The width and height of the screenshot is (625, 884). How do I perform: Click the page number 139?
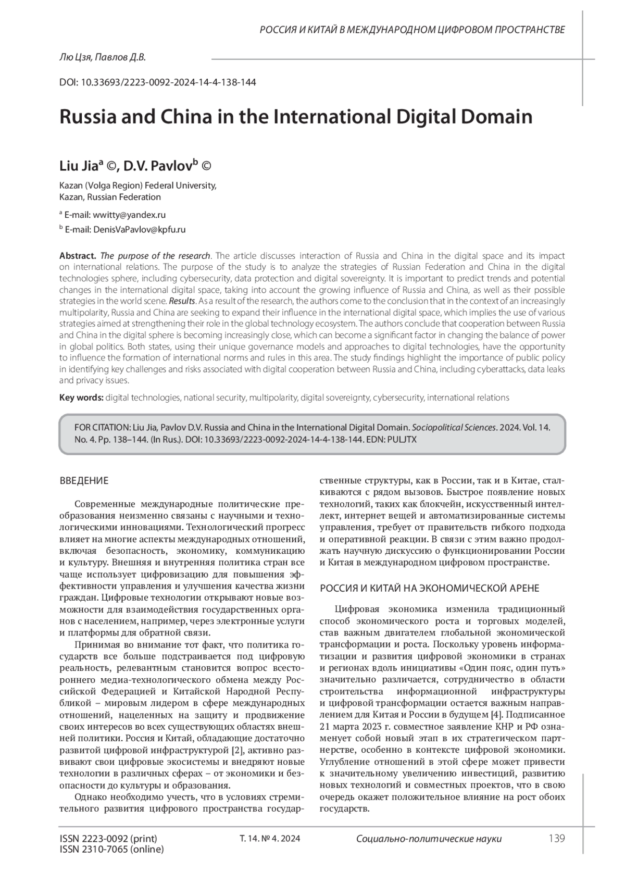point(556,838)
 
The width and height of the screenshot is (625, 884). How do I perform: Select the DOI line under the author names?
point(158,82)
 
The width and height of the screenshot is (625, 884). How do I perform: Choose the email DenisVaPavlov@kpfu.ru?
point(139,229)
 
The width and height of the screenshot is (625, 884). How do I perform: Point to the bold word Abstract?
point(78,256)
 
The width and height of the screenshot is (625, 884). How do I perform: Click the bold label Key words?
point(81,397)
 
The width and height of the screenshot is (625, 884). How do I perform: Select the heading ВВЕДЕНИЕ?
point(84,481)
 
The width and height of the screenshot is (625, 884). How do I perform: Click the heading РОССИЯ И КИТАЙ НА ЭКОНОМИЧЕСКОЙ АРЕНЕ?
point(429,588)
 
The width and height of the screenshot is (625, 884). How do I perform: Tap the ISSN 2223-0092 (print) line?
point(108,839)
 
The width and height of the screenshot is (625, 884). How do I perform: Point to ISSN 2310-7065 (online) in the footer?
point(111,849)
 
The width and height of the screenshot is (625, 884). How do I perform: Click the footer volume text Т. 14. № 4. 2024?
point(269,839)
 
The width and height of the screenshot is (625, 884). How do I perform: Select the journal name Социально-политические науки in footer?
point(429,839)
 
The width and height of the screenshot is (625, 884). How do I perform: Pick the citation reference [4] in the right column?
point(497,714)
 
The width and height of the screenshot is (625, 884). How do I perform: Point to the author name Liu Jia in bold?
point(79,166)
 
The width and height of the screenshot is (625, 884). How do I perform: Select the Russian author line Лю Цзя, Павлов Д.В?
point(103,57)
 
